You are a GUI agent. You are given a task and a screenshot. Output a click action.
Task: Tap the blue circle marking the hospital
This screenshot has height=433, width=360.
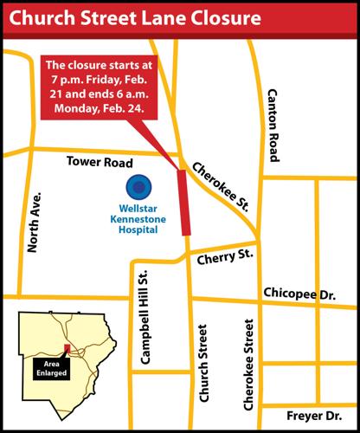point(138,186)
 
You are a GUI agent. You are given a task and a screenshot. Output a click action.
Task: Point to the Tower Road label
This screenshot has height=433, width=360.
point(100,163)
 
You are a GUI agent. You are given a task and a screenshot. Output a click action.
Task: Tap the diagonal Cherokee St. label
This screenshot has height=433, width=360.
point(222,187)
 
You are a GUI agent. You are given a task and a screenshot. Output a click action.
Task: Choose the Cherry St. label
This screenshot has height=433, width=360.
point(224,257)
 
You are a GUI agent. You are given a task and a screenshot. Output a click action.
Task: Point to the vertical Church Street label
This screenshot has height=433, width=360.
point(204,365)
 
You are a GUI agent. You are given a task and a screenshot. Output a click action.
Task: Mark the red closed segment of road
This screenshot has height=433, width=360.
point(184,201)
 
